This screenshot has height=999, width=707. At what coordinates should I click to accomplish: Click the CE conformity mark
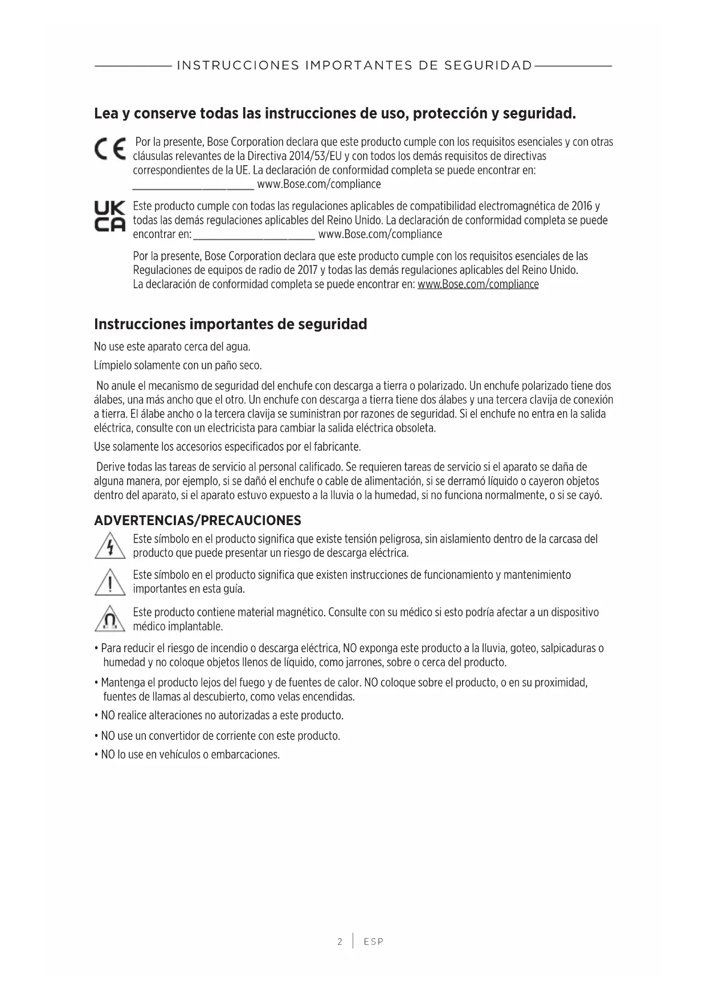tap(110, 150)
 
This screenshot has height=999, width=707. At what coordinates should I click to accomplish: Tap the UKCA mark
tap(109, 217)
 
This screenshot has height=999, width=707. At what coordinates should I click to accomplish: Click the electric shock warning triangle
tap(109, 546)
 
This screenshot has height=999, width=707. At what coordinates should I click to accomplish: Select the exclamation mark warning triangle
tap(109, 583)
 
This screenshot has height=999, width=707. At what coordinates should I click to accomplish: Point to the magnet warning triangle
tap(109, 620)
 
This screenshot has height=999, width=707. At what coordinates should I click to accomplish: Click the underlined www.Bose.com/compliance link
tap(478, 284)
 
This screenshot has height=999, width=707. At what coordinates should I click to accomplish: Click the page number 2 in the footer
tap(340, 941)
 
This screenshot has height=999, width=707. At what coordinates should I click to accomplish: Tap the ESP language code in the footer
tap(374, 941)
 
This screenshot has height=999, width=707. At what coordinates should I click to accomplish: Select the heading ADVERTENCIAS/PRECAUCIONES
tap(197, 521)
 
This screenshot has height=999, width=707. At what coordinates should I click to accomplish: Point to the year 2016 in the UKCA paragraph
tap(582, 206)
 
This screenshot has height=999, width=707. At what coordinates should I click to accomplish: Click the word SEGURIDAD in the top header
tap(488, 65)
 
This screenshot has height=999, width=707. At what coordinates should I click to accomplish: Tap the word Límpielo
tap(113, 365)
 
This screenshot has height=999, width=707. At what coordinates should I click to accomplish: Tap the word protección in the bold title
tap(444, 113)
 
